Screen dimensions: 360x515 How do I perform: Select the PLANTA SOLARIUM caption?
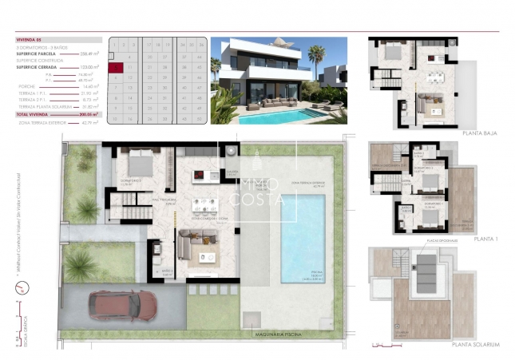click(476, 344)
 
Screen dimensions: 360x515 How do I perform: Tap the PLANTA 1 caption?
click(486, 238)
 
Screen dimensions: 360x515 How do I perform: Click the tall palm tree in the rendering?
click(316, 60)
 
